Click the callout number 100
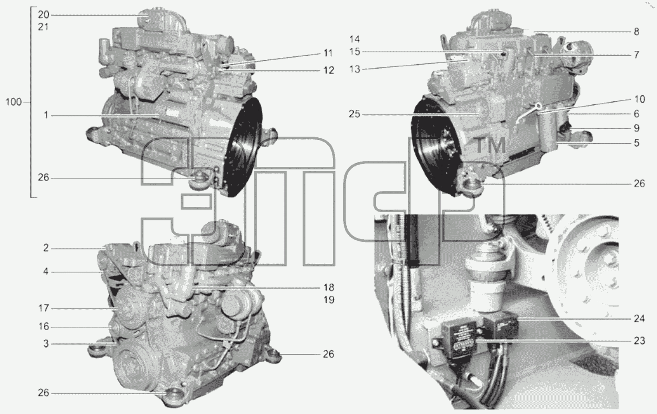[14, 102]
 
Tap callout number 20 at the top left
[43, 15]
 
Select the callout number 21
[43, 27]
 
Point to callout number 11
[328, 53]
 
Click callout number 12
[328, 70]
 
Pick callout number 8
[636, 32]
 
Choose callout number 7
[636, 55]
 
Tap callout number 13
[355, 69]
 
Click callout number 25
[354, 114]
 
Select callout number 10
[640, 99]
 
